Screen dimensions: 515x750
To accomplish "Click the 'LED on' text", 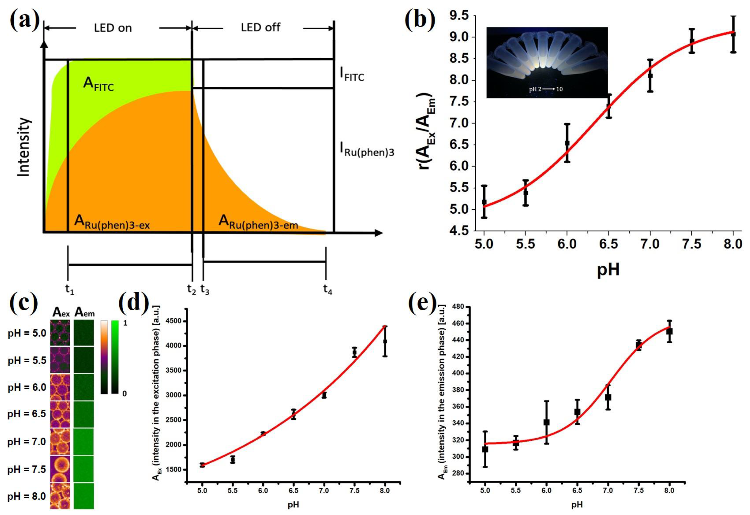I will click(x=113, y=28).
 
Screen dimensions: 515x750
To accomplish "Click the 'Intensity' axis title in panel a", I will click(x=24, y=147).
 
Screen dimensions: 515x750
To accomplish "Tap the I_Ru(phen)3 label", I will click(x=367, y=150).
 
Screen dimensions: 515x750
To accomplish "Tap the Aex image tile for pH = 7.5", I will click(x=60, y=469).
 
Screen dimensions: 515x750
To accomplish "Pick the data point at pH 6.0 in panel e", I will click(x=546, y=422).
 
